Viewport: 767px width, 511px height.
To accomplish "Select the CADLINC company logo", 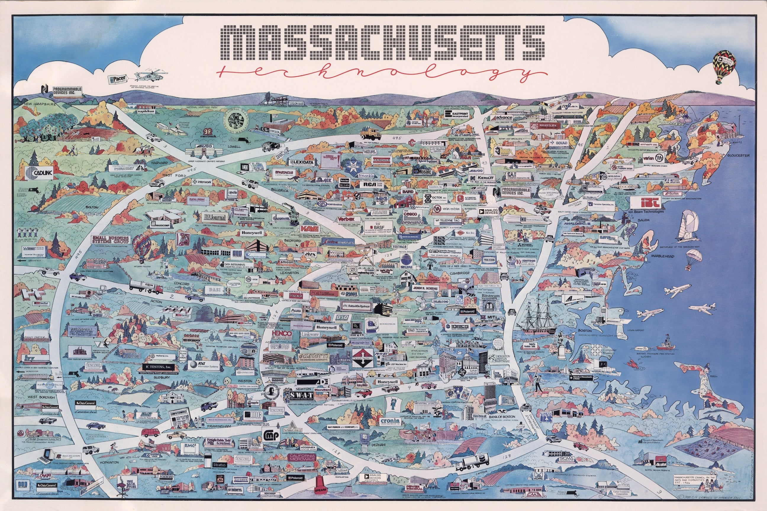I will [37, 173].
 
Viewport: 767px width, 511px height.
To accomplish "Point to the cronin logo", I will [390, 421].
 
